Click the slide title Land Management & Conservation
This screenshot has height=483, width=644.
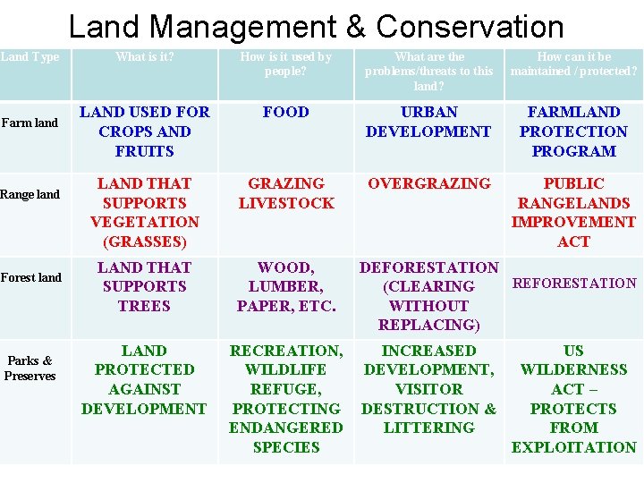pos(316,27)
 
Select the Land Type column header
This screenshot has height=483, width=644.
pos(30,57)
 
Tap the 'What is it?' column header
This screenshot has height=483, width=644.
pos(144,57)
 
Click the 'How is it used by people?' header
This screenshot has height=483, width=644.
pos(285,64)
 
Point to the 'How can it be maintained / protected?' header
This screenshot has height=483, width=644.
pos(573,64)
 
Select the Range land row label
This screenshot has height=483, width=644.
pos(30,194)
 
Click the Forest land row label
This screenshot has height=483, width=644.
pos(30,277)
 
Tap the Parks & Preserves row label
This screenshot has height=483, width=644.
pos(30,369)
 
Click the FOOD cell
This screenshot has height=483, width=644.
pos(285,113)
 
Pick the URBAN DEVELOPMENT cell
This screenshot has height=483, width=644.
pos(428,123)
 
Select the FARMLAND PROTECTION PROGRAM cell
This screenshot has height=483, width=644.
pos(573,131)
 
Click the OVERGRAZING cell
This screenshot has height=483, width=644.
pos(428,183)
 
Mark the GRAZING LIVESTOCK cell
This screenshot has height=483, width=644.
pos(285,193)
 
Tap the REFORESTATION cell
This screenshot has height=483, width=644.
pos(573,284)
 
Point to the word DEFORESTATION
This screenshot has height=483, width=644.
pos(428,267)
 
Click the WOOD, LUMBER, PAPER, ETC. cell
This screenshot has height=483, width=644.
pos(285,286)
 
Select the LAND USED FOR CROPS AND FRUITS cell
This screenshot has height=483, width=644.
pos(144,131)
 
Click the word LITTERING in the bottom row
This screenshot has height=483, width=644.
pos(428,428)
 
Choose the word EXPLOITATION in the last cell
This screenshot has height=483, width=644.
pos(573,447)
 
